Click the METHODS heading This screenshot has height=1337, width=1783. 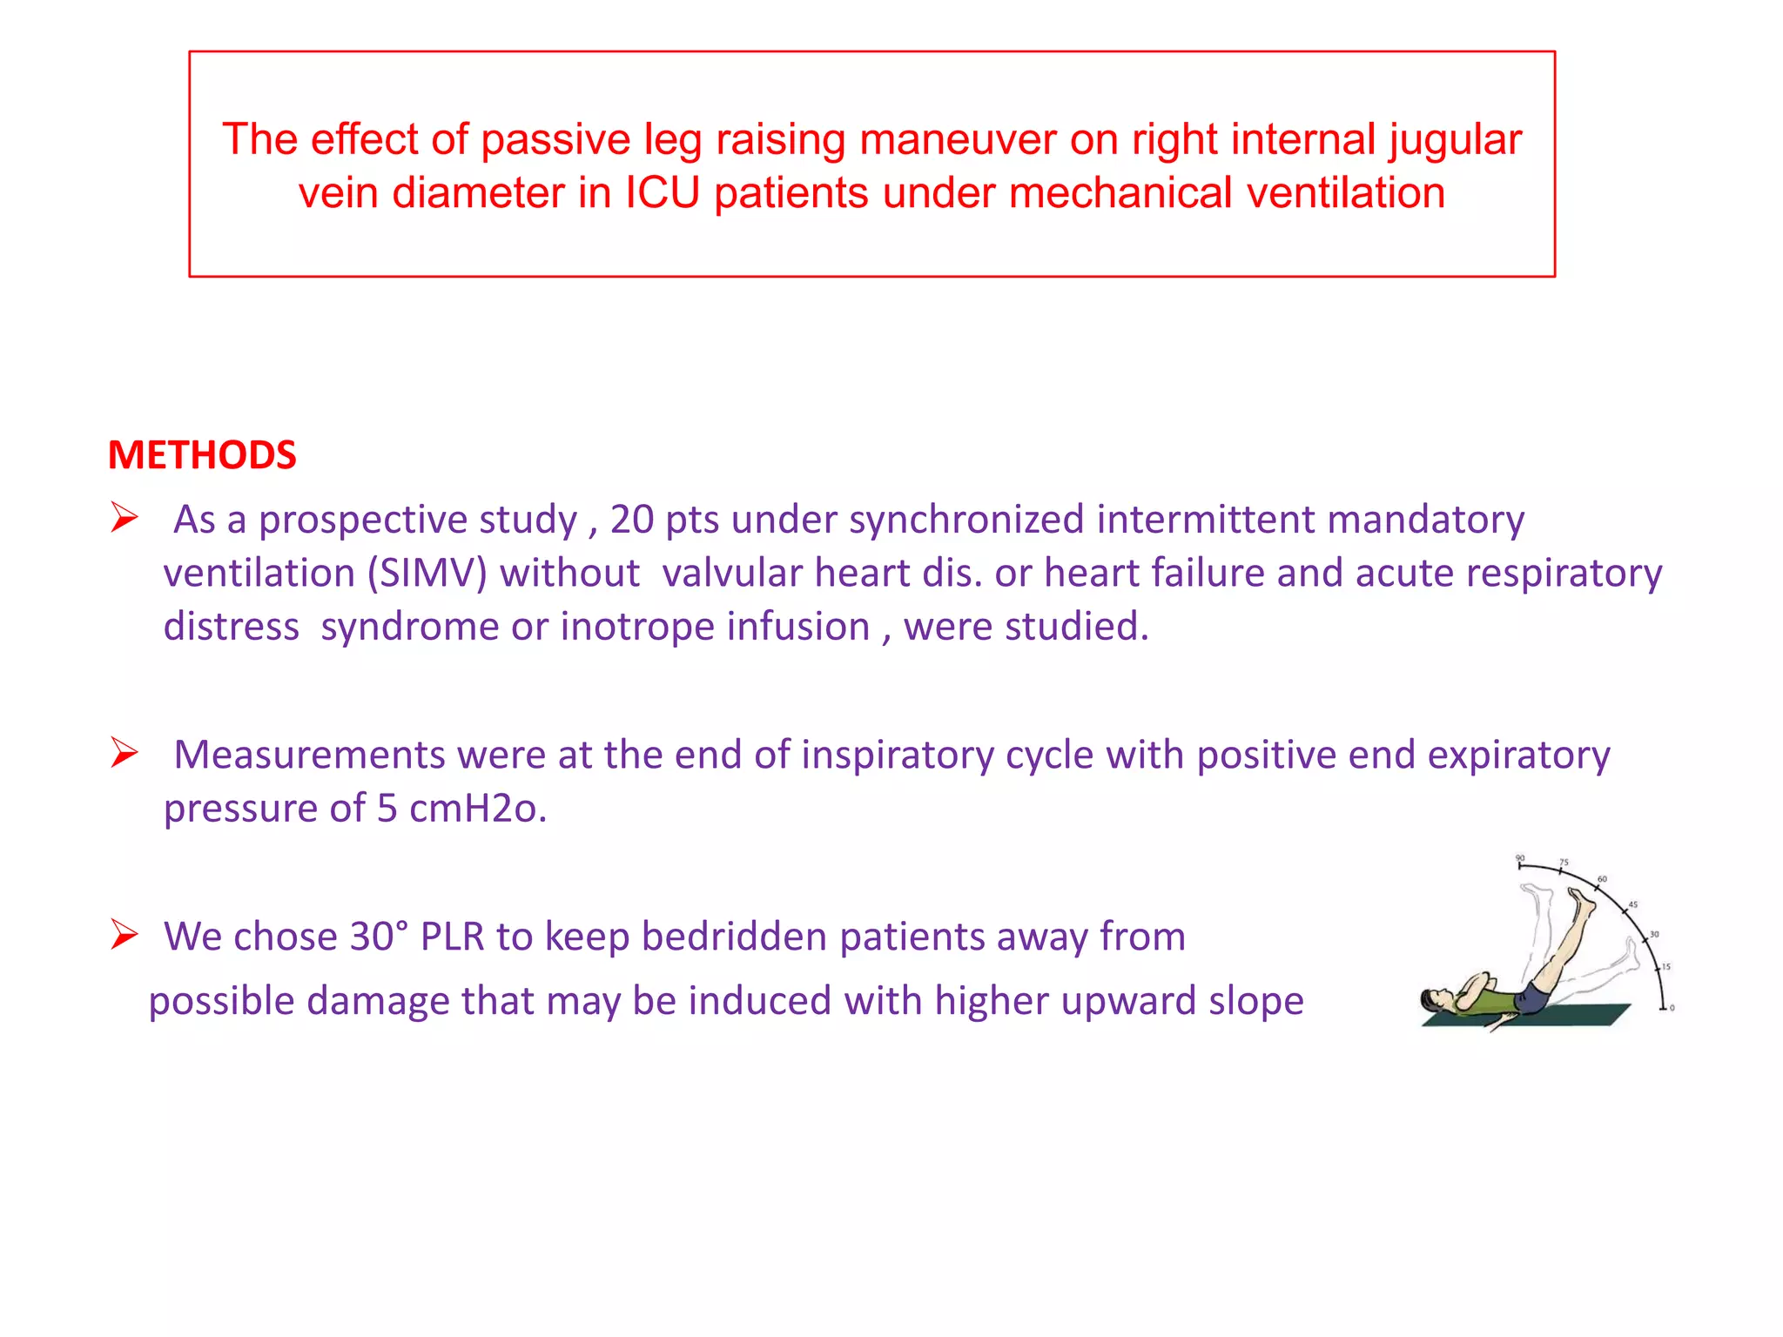click(x=202, y=455)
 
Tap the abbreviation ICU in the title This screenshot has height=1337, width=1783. click(x=663, y=192)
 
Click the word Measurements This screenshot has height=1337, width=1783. click(x=309, y=755)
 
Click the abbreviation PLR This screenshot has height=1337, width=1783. click(x=452, y=937)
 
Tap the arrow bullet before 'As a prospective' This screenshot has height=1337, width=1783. click(x=124, y=518)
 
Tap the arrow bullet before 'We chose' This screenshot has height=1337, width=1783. click(x=124, y=935)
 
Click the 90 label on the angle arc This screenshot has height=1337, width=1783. click(x=1520, y=858)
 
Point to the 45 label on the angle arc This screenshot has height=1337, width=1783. click(x=1633, y=905)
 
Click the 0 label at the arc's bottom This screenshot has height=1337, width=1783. click(x=1672, y=1008)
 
